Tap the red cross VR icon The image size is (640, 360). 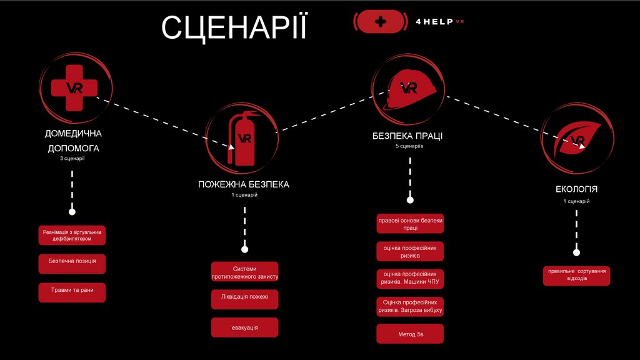[74, 87]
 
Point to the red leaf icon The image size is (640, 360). [577, 138]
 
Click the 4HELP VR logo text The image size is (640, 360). [440, 21]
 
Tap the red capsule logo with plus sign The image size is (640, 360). [379, 21]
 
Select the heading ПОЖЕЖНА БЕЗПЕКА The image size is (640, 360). [244, 184]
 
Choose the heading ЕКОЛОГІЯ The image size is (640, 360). [576, 189]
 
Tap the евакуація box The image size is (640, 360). [244, 327]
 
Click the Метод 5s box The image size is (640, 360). [410, 334]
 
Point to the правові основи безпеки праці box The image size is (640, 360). [410, 224]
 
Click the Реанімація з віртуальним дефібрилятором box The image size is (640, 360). [72, 235]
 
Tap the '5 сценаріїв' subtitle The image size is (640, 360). [409, 146]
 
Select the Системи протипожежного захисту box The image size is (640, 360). [244, 272]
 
